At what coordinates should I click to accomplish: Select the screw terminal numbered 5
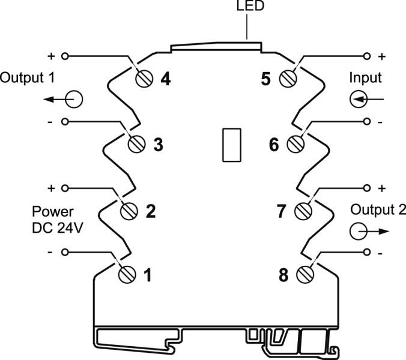(x=291, y=79)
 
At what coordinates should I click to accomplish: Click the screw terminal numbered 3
(x=136, y=145)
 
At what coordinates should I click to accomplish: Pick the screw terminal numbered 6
(x=295, y=145)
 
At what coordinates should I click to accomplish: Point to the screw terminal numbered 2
(x=130, y=211)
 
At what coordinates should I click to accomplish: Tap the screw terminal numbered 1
(x=126, y=275)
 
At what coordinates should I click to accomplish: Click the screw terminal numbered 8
(x=306, y=275)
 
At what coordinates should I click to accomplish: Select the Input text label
(x=365, y=77)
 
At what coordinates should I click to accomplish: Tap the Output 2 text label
(x=378, y=209)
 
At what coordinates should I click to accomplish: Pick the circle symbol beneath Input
(x=357, y=98)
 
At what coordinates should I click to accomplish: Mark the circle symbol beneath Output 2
(x=358, y=230)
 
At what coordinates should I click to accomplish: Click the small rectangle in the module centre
(x=232, y=145)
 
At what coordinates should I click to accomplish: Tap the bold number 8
(x=283, y=276)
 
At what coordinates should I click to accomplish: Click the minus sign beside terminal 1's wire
(x=50, y=253)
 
